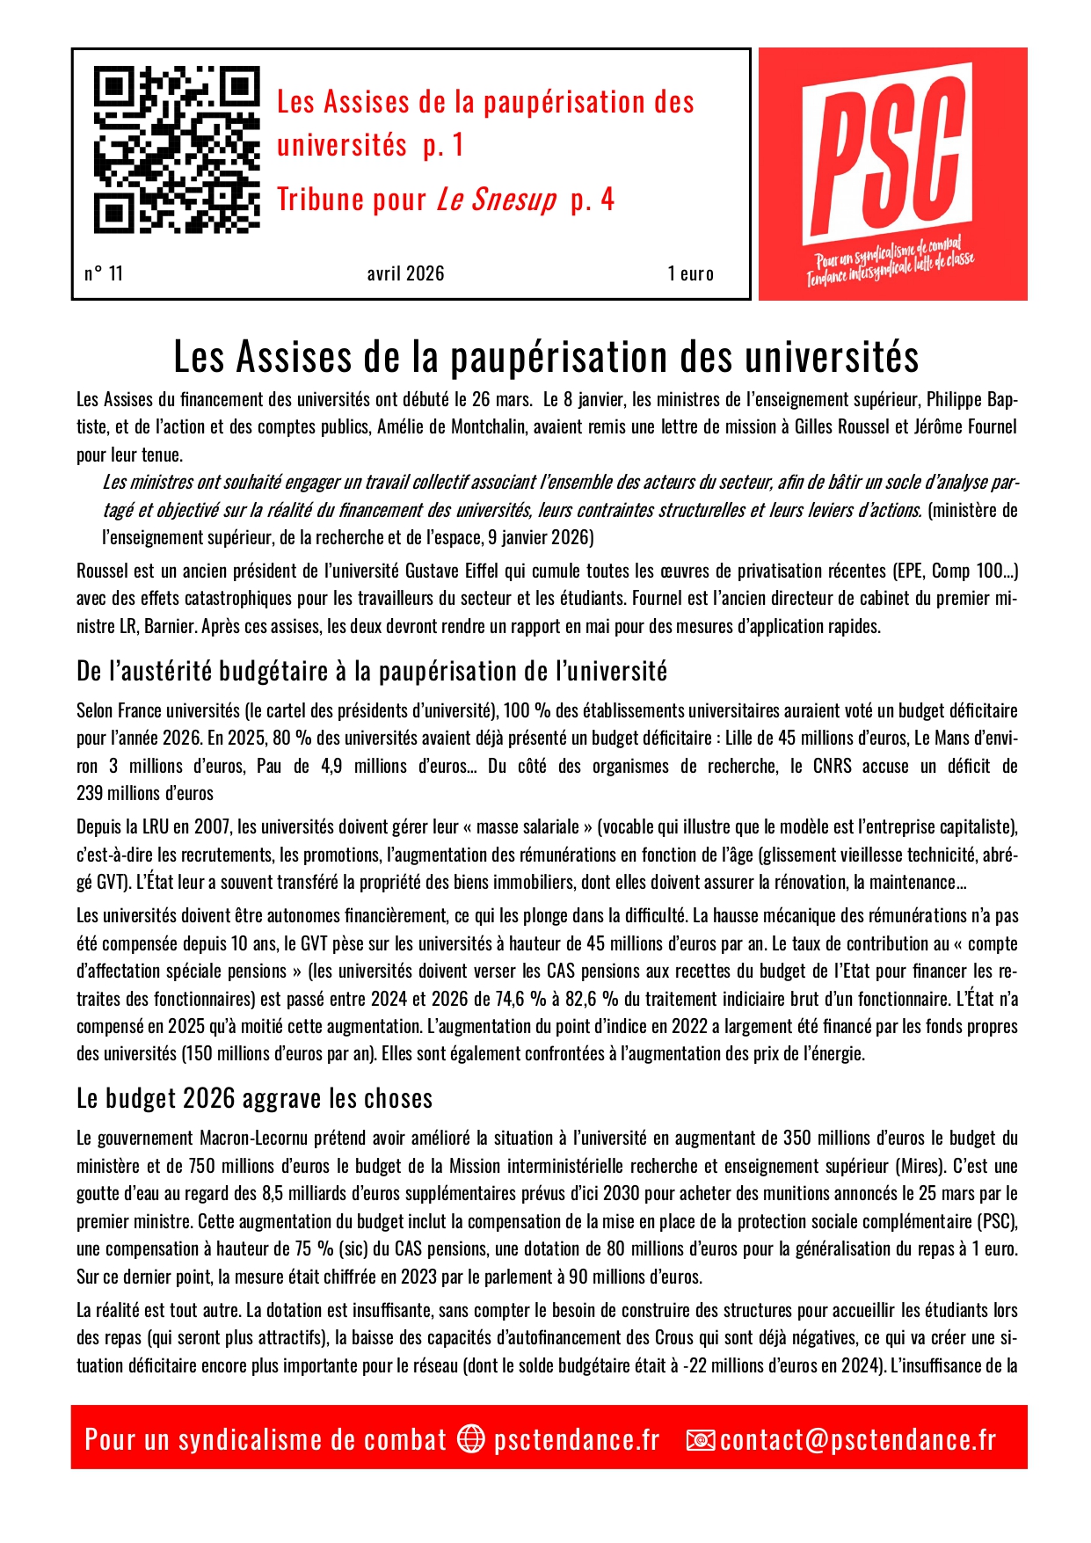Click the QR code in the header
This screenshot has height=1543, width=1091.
(x=177, y=149)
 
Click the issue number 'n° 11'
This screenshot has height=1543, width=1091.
(x=104, y=273)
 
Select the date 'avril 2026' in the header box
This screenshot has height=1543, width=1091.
(x=405, y=273)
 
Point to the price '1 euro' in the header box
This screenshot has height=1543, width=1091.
(x=690, y=273)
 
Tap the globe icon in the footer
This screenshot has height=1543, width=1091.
(x=471, y=1438)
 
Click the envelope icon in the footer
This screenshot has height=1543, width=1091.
(x=701, y=1439)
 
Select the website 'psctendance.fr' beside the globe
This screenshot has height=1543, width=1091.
(x=576, y=1439)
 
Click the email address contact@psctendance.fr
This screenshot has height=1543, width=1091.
(x=858, y=1439)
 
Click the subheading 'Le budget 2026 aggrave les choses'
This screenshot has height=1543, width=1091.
(x=254, y=1098)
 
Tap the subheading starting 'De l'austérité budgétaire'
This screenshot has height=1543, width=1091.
(x=372, y=672)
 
